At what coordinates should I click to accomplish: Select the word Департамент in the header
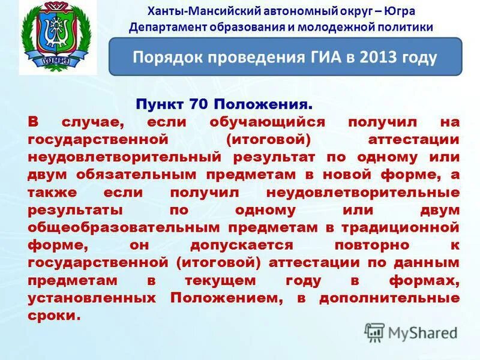(164, 27)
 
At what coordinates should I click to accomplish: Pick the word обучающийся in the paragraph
(267, 122)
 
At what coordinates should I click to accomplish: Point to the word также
(49, 193)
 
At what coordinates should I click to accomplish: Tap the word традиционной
(400, 227)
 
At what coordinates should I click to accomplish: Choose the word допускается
(242, 245)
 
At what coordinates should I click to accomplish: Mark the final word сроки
(53, 315)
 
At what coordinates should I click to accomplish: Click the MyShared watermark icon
(374, 332)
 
